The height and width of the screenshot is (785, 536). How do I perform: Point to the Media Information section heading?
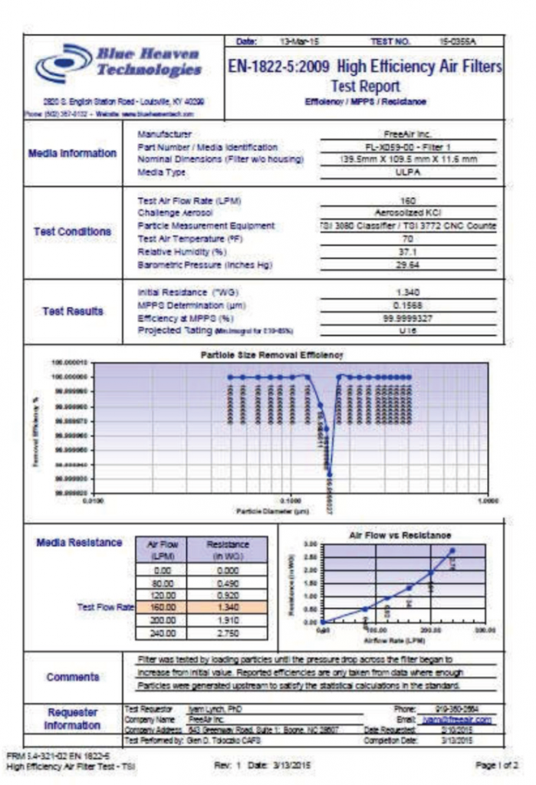coord(73,153)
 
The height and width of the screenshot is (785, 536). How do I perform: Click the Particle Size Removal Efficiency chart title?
coord(271,355)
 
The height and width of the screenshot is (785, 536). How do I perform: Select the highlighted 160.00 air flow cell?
coord(162,607)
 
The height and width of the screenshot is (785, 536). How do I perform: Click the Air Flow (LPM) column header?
coord(162,550)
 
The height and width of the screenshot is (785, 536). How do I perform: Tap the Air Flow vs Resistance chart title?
coord(400,534)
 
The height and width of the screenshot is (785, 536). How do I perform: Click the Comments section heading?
coord(73,677)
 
